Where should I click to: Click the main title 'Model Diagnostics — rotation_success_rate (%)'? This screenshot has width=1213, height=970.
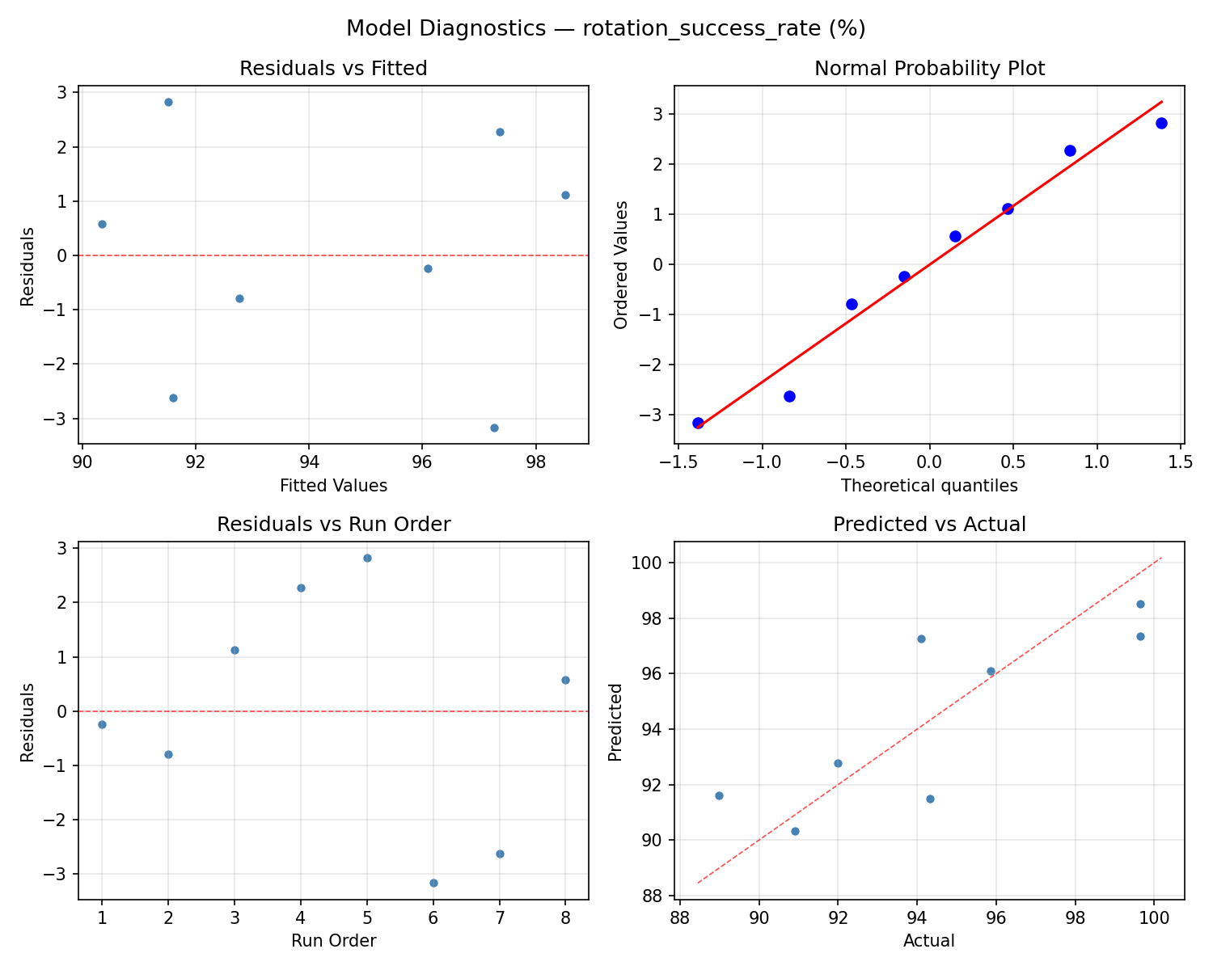coord(606,28)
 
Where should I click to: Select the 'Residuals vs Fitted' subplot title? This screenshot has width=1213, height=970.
coord(333,69)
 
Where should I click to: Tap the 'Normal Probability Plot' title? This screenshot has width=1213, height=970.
coord(929,69)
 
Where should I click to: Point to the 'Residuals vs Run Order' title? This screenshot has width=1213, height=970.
coord(333,525)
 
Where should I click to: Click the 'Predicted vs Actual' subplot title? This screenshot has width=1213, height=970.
coord(929,525)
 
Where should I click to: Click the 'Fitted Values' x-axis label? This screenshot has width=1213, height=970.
coord(333,486)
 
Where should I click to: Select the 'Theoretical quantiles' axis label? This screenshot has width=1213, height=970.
coord(929,486)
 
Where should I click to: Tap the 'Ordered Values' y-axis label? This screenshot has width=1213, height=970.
coord(621,265)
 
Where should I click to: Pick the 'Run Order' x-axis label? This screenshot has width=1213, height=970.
coord(333,941)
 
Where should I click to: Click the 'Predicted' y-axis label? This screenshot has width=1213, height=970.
coord(615,722)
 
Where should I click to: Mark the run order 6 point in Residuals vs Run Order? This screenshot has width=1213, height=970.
coord(433,883)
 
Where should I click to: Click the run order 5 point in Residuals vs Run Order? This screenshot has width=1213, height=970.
coord(367,558)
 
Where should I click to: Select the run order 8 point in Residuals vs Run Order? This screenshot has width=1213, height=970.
coord(565,680)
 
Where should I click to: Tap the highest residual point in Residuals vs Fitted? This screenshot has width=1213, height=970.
coord(168,102)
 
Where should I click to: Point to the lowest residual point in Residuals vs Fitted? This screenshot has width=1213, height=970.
coord(494,428)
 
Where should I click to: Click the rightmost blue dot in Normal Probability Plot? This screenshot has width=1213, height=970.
coord(1161,123)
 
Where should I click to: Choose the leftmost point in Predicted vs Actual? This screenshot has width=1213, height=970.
coord(719,795)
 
